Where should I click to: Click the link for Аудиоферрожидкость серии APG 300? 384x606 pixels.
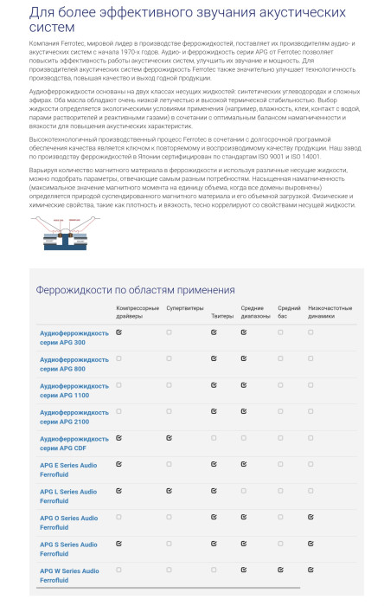point(74,337)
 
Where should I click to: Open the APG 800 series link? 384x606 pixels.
point(74,364)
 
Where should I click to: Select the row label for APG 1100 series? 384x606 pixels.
point(74,390)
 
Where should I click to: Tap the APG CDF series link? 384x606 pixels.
point(74,443)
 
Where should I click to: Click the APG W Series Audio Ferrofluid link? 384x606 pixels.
point(69,576)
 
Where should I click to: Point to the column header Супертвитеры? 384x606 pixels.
point(183,308)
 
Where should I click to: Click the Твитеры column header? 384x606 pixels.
point(221,308)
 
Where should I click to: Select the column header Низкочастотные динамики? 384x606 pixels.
point(329,312)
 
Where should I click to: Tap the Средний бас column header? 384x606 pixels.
point(289,312)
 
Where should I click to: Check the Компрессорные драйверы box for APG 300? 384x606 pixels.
point(119,332)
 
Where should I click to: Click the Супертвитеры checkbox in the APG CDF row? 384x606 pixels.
point(170,438)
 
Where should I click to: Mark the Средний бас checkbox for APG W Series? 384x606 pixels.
point(281,571)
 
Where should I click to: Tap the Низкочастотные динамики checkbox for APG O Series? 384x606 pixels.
point(310,518)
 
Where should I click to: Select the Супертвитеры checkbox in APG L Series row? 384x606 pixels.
point(170,491)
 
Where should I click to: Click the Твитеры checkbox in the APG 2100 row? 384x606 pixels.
point(214,411)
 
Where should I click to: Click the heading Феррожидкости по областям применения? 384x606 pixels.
point(135,289)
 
